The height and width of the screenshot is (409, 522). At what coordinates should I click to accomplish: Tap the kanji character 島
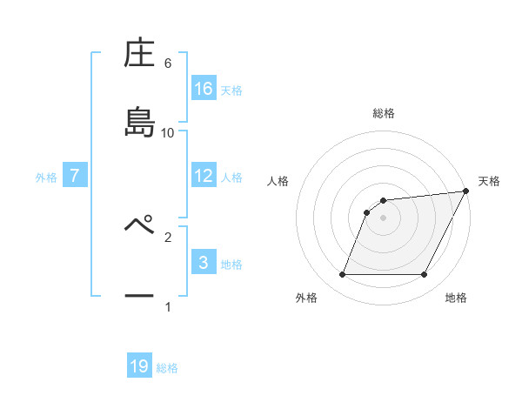pyautogui.click(x=139, y=122)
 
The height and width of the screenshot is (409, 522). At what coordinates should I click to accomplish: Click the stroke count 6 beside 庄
pyautogui.click(x=168, y=64)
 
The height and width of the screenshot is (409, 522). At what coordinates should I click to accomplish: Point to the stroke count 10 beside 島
pyautogui.click(x=168, y=132)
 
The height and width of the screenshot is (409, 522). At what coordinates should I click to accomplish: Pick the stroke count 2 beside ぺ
pyautogui.click(x=168, y=236)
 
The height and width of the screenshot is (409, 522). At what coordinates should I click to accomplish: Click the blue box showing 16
pyautogui.click(x=204, y=89)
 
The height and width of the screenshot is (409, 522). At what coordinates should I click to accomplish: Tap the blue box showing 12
pyautogui.click(x=204, y=176)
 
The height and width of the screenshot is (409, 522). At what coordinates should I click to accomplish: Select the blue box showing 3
pyautogui.click(x=204, y=263)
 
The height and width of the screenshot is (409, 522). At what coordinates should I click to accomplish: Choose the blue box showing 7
pyautogui.click(x=75, y=176)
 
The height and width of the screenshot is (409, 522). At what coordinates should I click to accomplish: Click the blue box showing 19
pyautogui.click(x=139, y=366)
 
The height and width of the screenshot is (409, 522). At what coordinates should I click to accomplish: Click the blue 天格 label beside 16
pyautogui.click(x=231, y=90)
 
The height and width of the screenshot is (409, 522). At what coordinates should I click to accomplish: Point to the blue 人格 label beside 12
pyautogui.click(x=231, y=177)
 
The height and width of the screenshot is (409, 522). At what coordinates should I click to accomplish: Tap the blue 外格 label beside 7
pyautogui.click(x=46, y=177)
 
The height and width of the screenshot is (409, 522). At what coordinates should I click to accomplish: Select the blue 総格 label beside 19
pyautogui.click(x=167, y=368)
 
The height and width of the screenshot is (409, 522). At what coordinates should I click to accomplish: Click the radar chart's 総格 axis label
pyautogui.click(x=383, y=114)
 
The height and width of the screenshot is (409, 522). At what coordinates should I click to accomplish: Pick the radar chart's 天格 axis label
pyautogui.click(x=489, y=181)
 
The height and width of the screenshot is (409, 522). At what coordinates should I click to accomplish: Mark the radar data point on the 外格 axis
pyautogui.click(x=342, y=275)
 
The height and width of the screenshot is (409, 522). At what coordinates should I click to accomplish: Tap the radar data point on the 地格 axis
pyautogui.click(x=425, y=275)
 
